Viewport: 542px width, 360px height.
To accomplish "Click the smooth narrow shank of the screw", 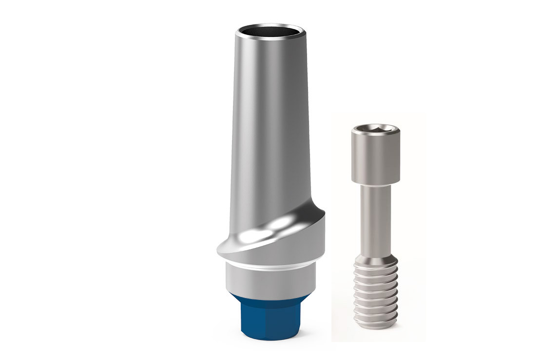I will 372,220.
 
